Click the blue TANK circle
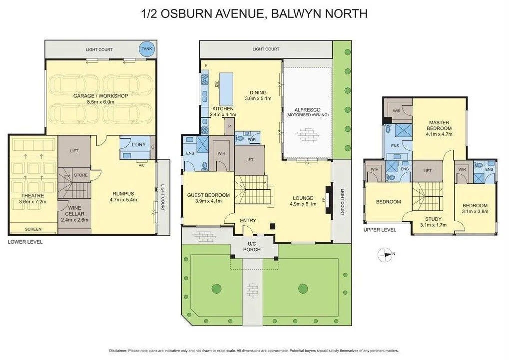(x=146, y=48)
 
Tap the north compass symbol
(x=385, y=254)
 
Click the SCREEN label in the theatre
(x=33, y=229)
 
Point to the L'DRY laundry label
(x=138, y=145)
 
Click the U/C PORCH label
(x=252, y=247)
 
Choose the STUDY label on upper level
(x=433, y=219)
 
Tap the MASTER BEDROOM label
(x=439, y=125)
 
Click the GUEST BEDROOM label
(x=208, y=195)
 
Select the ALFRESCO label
(x=307, y=109)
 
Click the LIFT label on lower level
(x=74, y=150)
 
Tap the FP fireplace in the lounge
(x=324, y=199)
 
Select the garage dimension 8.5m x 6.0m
(x=100, y=102)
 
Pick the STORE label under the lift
(x=81, y=175)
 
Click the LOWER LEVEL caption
(x=25, y=242)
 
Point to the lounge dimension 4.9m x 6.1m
(x=303, y=204)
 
